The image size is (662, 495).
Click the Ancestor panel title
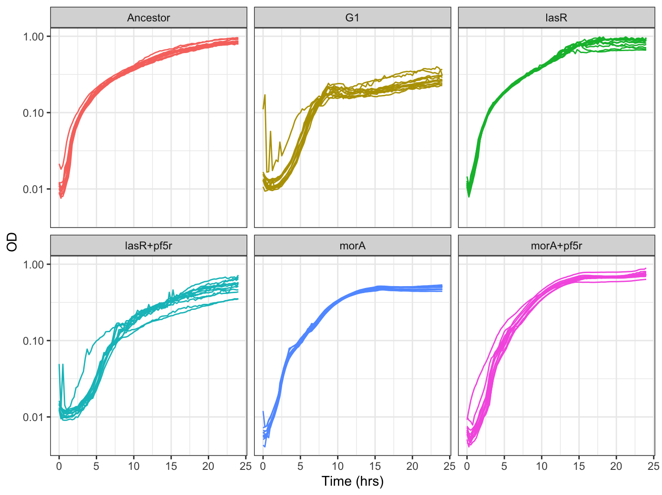148,18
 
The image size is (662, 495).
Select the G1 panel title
352,18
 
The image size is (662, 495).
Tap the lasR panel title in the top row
556,18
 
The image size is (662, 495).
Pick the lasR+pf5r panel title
148,246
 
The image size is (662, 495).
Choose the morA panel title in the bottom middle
352,246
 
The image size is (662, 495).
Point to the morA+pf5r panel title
556,246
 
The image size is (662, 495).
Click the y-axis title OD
12,242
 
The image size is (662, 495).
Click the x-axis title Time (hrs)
352,482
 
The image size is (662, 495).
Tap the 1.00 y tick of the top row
33,37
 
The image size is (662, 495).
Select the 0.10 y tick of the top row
33,113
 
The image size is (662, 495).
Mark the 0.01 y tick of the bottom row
33,417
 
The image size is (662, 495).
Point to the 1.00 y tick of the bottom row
33,265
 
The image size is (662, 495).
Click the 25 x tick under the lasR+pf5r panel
245,466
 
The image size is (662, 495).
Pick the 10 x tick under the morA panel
338,466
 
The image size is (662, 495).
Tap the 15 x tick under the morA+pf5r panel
579,466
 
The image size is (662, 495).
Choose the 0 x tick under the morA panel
263,466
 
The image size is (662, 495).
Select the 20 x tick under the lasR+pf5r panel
208,466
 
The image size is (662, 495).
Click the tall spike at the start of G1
265,95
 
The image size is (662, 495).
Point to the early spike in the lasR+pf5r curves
63,365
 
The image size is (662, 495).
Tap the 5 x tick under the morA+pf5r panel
504,466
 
